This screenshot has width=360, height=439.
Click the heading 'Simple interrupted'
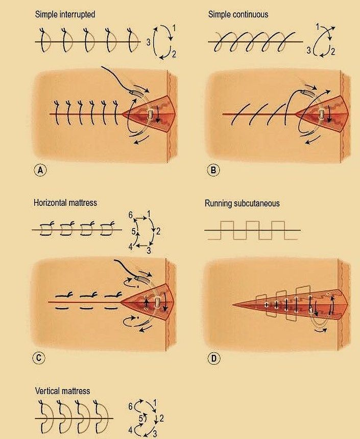pyautogui.click(x=65, y=14)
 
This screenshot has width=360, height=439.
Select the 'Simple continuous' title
pyautogui.click(x=238, y=14)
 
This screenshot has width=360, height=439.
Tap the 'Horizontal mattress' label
pyautogui.click(x=65, y=202)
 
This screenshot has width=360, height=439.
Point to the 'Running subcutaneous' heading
pyautogui.click(x=242, y=203)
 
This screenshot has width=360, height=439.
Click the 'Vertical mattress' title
pyautogui.click(x=62, y=391)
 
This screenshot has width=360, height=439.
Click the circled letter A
pyautogui.click(x=40, y=170)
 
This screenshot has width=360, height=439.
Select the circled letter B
pyautogui.click(x=213, y=170)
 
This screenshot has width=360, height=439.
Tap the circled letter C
pyautogui.click(x=39, y=358)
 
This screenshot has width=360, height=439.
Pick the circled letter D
pyautogui.click(x=214, y=358)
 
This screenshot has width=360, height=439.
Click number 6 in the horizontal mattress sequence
pyautogui.click(x=131, y=215)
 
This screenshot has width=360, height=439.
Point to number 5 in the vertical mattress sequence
pyautogui.click(x=141, y=419)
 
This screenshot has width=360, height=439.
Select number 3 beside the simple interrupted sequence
pyautogui.click(x=148, y=42)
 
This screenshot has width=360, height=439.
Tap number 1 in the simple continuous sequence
pyautogui.click(x=318, y=27)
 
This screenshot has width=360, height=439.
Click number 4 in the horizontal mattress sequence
pyautogui.click(x=131, y=247)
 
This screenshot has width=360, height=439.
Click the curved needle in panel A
pyautogui.click(x=136, y=93)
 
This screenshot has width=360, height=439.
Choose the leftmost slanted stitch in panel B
pyautogui.click(x=238, y=114)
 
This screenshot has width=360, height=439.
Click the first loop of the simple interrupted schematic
pyautogui.click(x=44, y=40)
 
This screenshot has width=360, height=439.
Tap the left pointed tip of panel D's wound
pyautogui.click(x=233, y=304)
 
